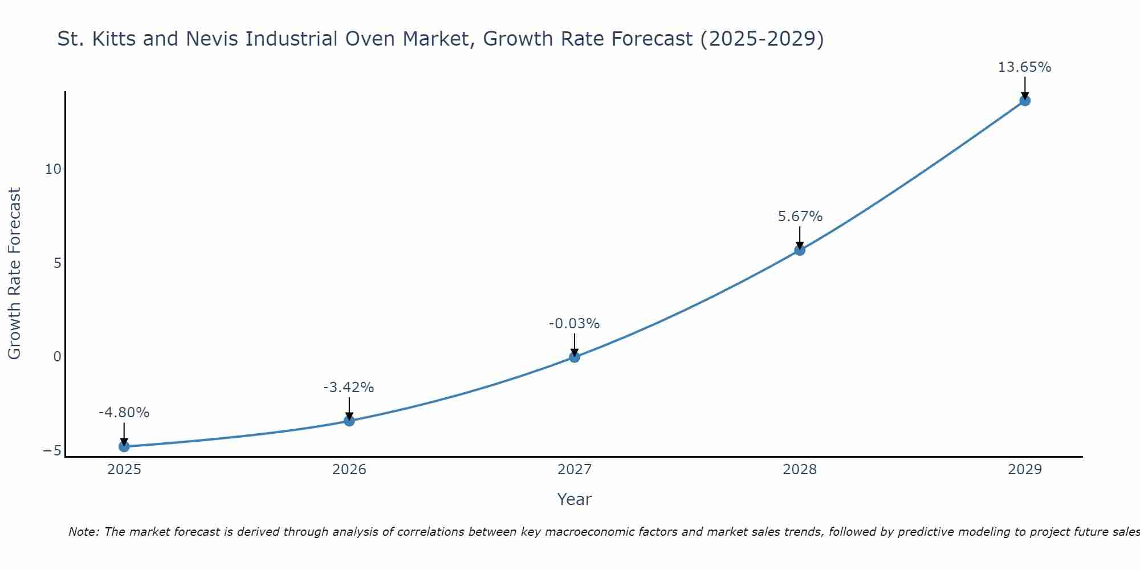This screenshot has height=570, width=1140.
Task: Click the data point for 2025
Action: click(x=124, y=446)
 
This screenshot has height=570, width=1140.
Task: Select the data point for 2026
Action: click(x=349, y=421)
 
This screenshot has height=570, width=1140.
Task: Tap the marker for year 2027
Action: click(x=575, y=357)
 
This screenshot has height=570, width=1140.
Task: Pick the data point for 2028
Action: click(x=800, y=250)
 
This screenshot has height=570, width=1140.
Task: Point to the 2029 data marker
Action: click(x=1025, y=100)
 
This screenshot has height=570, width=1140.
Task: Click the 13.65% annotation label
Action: click(x=1024, y=67)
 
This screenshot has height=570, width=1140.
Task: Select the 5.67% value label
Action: click(x=800, y=217)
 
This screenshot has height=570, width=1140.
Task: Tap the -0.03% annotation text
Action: click(x=574, y=324)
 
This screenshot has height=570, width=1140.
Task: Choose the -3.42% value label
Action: click(x=348, y=388)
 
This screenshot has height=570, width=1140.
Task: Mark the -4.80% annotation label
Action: click(x=124, y=413)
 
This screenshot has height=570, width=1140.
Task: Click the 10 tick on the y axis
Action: click(x=53, y=169)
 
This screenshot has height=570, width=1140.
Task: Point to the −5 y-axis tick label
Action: click(x=52, y=451)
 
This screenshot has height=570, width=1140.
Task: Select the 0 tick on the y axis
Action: click(x=57, y=357)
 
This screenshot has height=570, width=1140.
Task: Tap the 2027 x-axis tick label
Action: click(x=575, y=470)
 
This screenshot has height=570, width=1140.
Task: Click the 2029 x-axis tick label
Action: click(x=1025, y=470)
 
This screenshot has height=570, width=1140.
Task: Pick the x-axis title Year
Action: click(x=575, y=499)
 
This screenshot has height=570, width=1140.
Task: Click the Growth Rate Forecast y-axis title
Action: click(x=14, y=274)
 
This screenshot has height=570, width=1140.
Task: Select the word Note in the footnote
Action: click(x=83, y=532)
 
